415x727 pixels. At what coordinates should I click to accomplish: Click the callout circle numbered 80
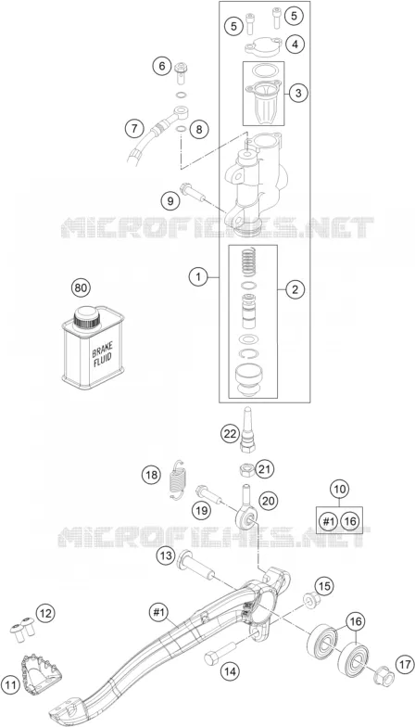pos(81,287)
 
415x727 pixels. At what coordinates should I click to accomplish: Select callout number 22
pos(230,434)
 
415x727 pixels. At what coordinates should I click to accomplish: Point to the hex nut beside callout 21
pos(245,470)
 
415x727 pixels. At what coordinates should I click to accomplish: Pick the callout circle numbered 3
pos(298,93)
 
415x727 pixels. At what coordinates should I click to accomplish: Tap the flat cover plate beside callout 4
pos(264,46)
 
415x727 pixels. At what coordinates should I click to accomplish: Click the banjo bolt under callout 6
pos(182,71)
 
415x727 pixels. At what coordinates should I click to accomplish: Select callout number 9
pos(170,201)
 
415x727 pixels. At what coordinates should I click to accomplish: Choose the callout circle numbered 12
pos(44,614)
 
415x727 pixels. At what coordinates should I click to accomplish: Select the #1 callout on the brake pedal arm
pos(159,612)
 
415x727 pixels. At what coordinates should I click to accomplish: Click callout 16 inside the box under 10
pos(350,521)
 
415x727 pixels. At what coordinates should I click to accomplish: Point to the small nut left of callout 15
pos(309,600)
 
